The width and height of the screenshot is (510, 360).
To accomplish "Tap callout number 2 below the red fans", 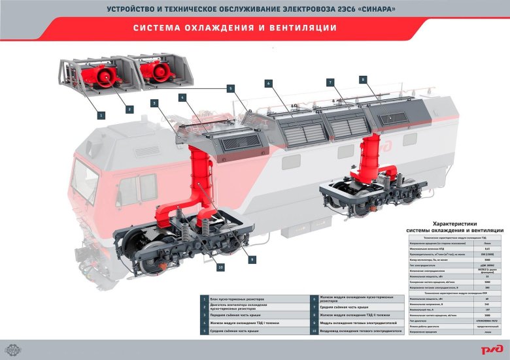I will [x=129, y=109].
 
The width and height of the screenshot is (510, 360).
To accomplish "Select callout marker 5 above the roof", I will [x=230, y=88].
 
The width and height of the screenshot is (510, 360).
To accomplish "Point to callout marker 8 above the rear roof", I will [x=362, y=79].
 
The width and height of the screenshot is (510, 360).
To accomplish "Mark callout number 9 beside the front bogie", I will [x=252, y=259].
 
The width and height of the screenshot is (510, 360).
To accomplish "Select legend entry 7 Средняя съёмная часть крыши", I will [x=346, y=306].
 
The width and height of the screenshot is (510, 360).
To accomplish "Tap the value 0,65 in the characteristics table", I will [x=477, y=250].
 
